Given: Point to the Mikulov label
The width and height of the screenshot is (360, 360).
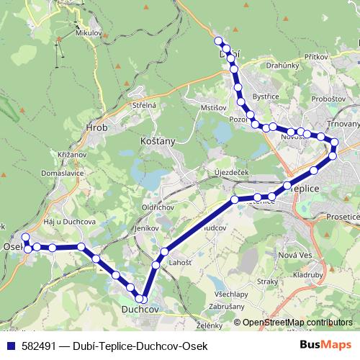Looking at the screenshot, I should (x=89, y=32).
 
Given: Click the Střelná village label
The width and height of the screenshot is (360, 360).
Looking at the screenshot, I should (x=144, y=105).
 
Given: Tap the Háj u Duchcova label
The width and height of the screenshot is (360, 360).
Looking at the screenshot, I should (x=69, y=221).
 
